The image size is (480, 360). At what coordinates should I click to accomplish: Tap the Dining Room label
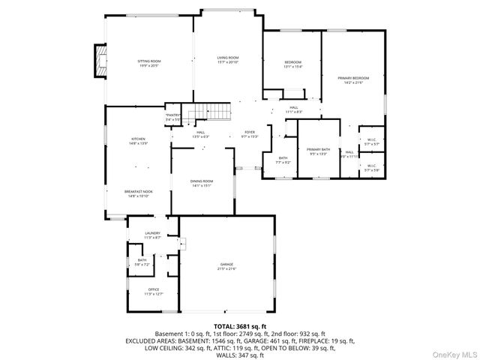[x=202, y=183]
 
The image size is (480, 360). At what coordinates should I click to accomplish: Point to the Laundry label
[x=152, y=235]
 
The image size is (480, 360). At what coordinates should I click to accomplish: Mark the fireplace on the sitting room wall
[x=97, y=61]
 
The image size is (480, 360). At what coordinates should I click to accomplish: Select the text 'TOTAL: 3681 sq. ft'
[x=239, y=327]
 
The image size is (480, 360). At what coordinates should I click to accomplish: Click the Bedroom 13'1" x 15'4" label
[x=292, y=64]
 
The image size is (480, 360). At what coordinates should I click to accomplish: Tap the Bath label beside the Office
[x=142, y=262]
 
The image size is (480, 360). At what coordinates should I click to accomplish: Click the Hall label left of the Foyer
[x=201, y=134]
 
